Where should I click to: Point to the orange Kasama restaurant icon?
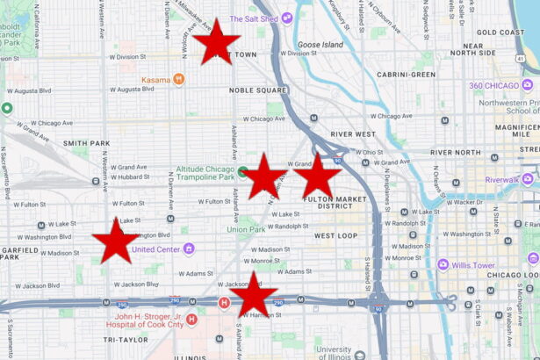[179, 79]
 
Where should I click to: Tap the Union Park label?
[245, 230]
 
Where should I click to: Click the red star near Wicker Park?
[217, 42]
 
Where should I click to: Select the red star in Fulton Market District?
[317, 176]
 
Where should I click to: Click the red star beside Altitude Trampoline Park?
[263, 176]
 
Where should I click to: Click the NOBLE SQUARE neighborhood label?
[258, 90]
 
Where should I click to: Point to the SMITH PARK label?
[86, 142]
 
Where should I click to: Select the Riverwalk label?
[502, 180]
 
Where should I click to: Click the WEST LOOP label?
[335, 236]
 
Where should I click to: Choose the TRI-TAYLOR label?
[126, 339]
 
